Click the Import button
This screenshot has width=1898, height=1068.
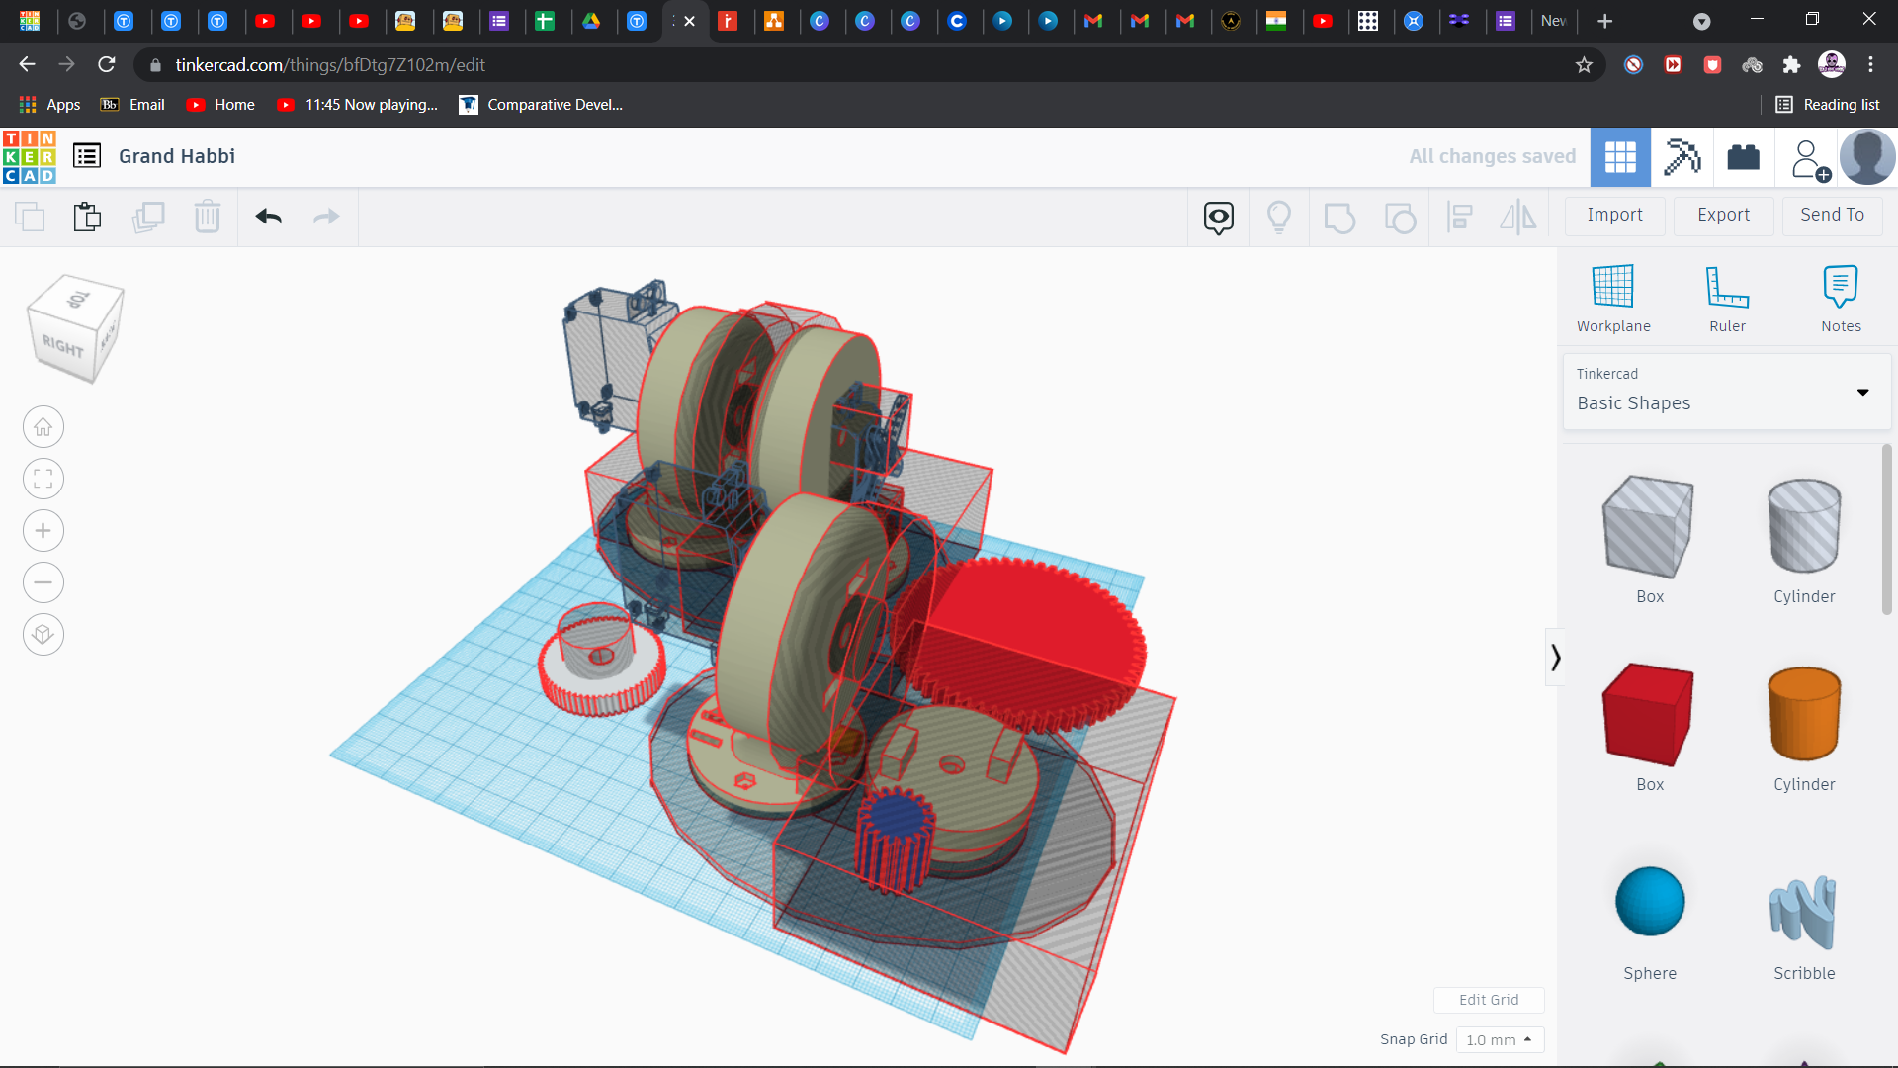1614,215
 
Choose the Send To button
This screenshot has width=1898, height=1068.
1832,215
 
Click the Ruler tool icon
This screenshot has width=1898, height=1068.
1727,287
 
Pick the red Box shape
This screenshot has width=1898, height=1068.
1649,714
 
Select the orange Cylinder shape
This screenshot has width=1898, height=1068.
1804,714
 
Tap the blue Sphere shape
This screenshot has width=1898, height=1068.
1650,901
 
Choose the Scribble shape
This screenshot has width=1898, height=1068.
1803,912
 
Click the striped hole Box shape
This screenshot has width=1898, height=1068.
1649,526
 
